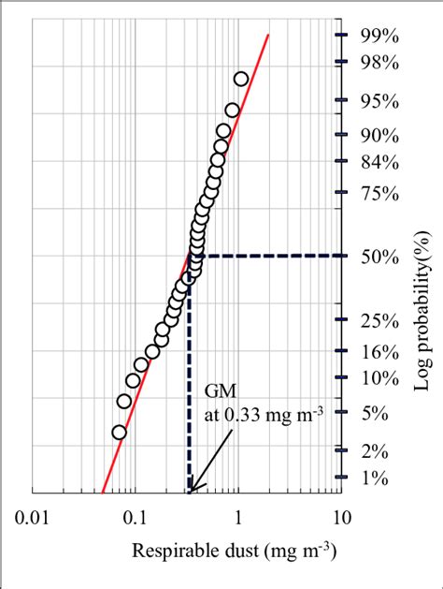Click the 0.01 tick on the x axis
(32, 516)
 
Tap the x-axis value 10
(341, 516)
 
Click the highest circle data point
(240, 80)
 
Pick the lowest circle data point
(119, 432)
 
